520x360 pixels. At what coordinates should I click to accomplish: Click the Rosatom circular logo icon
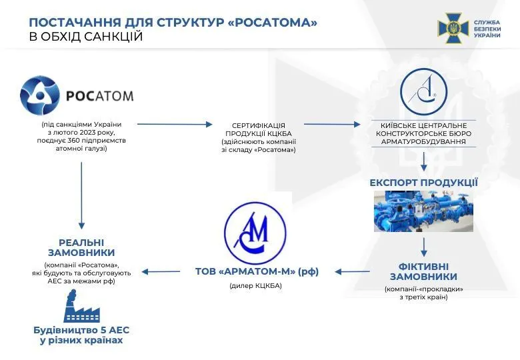[40, 95]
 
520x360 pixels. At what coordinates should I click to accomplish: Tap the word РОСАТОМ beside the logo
[99, 96]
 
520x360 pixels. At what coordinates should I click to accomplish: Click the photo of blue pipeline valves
[423, 211]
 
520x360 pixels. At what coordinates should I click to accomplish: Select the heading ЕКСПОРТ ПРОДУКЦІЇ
[423, 182]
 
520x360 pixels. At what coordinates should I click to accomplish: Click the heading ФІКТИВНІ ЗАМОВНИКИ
[423, 271]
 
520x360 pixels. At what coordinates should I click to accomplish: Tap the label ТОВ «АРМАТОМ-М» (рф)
[257, 271]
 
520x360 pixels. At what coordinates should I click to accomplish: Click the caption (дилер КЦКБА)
[255, 285]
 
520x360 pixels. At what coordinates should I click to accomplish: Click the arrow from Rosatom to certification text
[174, 124]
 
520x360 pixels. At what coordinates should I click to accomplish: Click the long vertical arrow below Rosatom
[81, 193]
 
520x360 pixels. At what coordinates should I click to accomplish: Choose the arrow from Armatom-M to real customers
[163, 271]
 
